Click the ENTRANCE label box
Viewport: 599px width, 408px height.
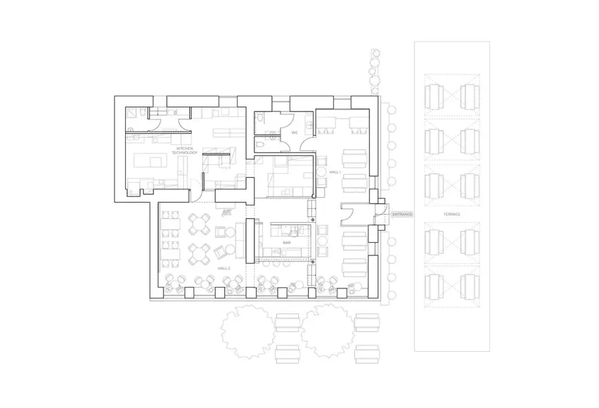pyautogui.click(x=402, y=214)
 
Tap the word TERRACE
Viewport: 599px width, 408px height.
pyautogui.click(x=452, y=214)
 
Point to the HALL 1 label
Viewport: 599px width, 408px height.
pyautogui.click(x=335, y=173)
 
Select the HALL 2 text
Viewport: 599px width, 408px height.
pyautogui.click(x=224, y=268)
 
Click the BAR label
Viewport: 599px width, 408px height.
pyautogui.click(x=286, y=243)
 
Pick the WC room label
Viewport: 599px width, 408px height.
pyautogui.click(x=295, y=132)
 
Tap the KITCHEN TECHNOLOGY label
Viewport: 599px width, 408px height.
pyautogui.click(x=184, y=150)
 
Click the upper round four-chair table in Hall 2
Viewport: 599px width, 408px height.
pyautogui.click(x=199, y=224)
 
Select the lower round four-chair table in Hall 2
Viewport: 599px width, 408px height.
pyautogui.click(x=199, y=254)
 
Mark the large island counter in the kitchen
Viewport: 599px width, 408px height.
pyautogui.click(x=150, y=160)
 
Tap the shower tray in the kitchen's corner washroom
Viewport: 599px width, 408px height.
pyautogui.click(x=132, y=113)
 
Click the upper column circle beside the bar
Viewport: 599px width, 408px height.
pyautogui.click(x=313, y=220)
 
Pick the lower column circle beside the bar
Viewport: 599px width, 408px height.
pyautogui.click(x=313, y=262)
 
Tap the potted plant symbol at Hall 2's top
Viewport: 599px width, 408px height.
pyautogui.click(x=227, y=212)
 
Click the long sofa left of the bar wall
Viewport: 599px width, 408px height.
pyautogui.click(x=240, y=241)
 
